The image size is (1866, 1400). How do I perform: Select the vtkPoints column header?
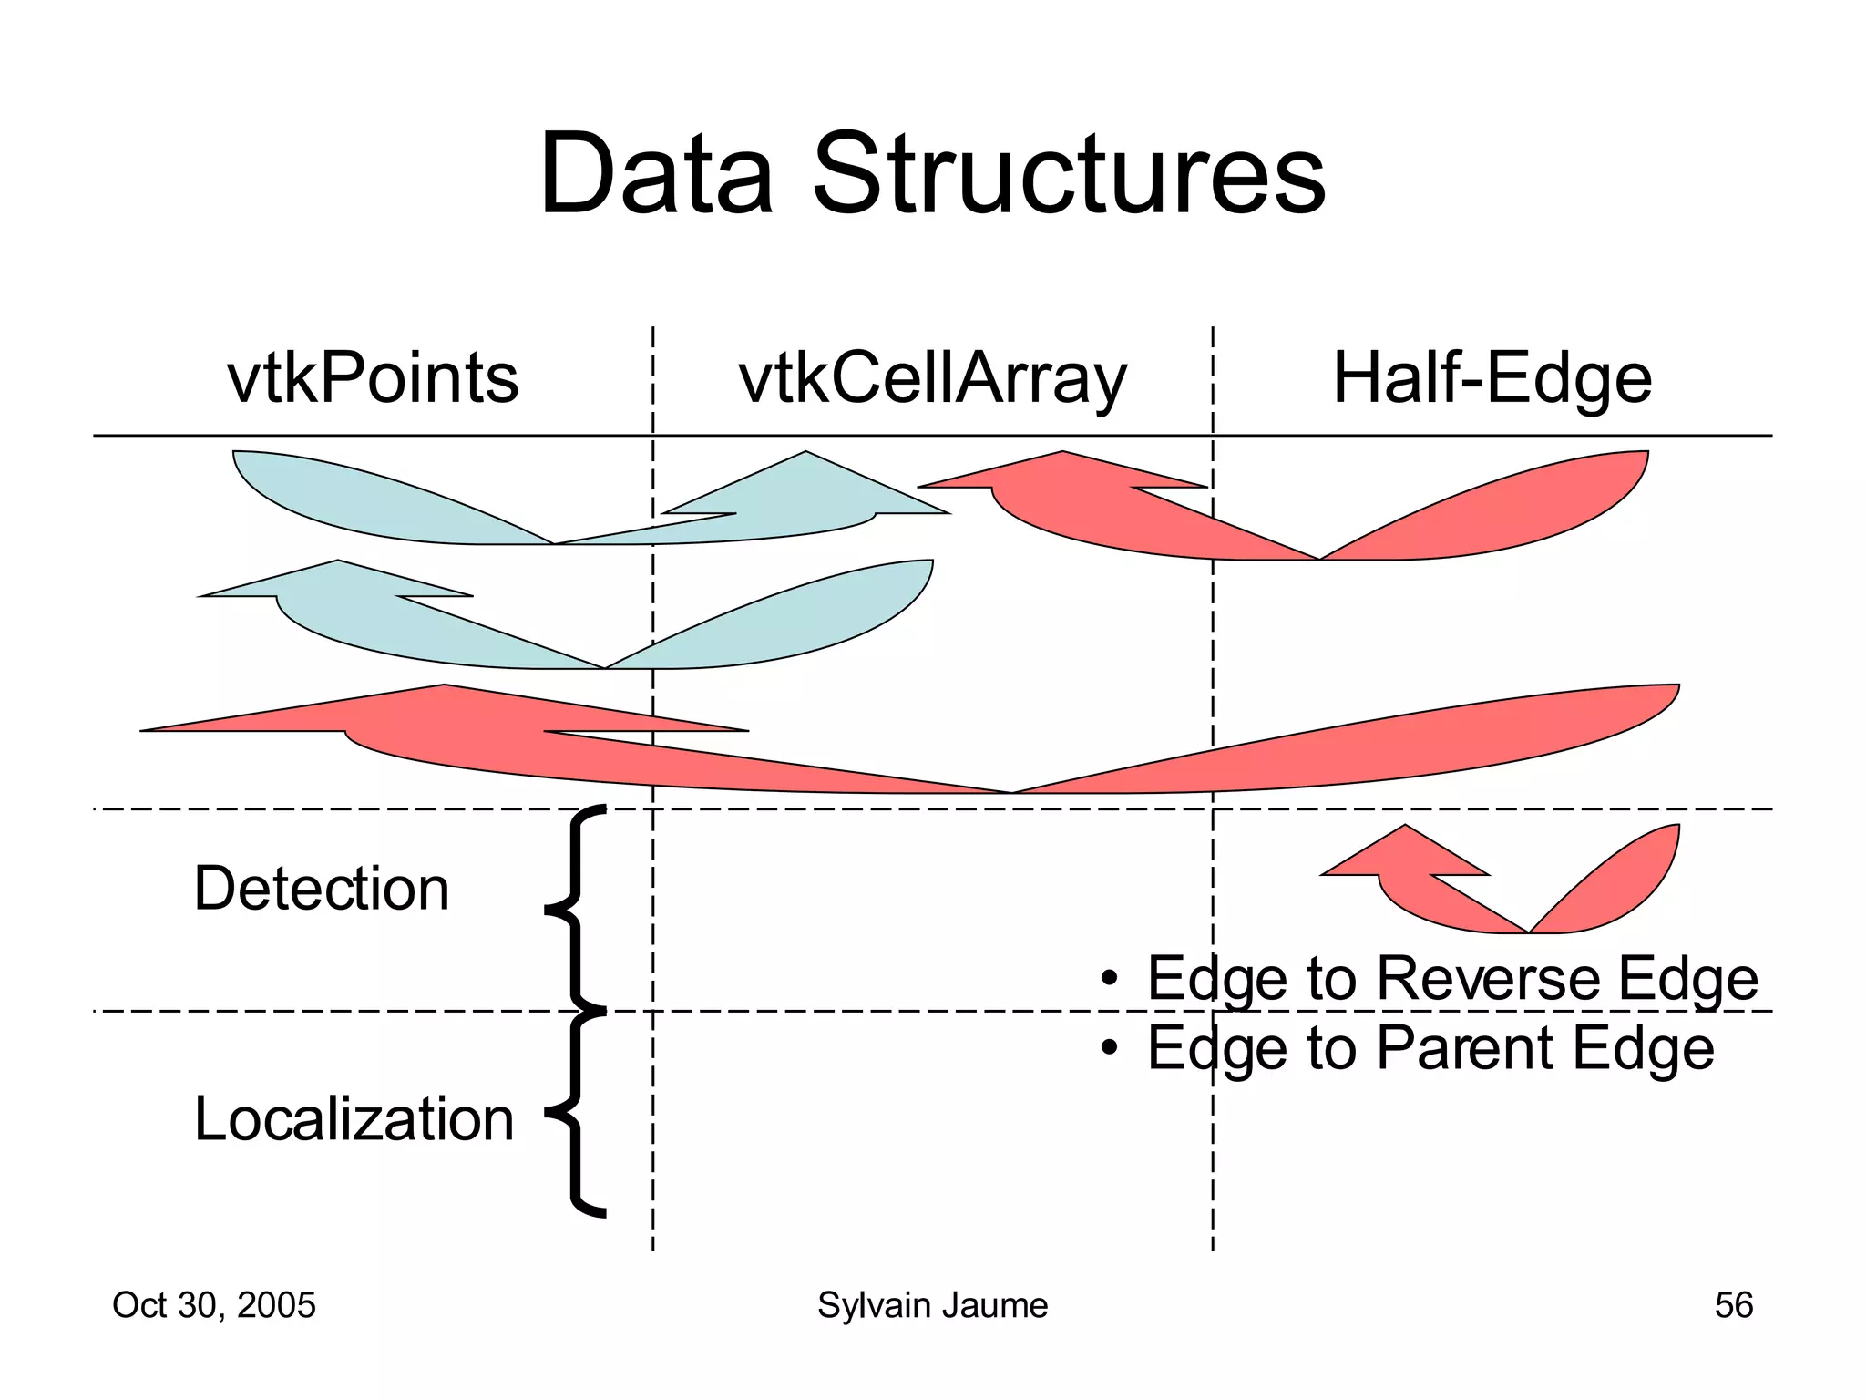[x=372, y=378]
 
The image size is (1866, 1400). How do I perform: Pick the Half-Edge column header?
[x=1492, y=378]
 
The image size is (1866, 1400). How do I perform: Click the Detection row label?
[x=321, y=889]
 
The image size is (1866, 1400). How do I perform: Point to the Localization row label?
[x=354, y=1118]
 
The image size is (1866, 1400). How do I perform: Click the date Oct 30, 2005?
[x=213, y=1305]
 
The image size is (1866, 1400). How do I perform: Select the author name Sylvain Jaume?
[x=932, y=1305]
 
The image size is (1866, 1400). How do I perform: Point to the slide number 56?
[x=1733, y=1305]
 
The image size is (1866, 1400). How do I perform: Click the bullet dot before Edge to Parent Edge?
[x=1108, y=1049]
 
